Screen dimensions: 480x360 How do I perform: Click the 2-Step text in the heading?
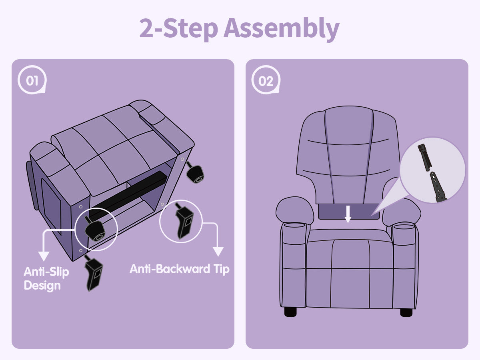(x=179, y=28)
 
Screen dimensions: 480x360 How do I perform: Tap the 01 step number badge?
(x=32, y=80)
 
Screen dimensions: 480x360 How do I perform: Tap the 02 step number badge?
(x=266, y=80)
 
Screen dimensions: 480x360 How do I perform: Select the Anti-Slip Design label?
(x=46, y=278)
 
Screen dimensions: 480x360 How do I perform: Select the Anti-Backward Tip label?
(x=180, y=269)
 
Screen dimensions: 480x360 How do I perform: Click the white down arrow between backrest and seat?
(x=348, y=214)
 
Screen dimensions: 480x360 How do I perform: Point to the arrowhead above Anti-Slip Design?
(x=44, y=256)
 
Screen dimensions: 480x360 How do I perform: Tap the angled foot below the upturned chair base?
(x=94, y=273)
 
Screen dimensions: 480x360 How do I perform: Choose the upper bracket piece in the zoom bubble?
(x=425, y=157)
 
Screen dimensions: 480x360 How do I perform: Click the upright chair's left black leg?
(x=290, y=312)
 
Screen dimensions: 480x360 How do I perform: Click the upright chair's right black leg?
(x=406, y=312)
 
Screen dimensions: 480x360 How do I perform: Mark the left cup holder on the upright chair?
(x=294, y=225)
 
